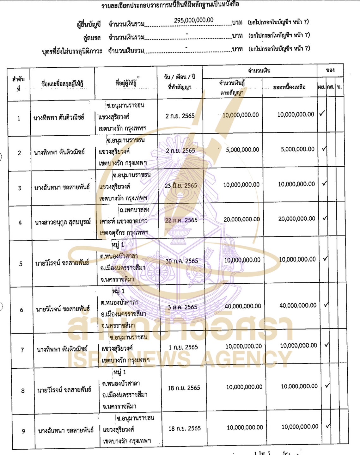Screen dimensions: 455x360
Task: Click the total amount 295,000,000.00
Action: [x=193, y=20]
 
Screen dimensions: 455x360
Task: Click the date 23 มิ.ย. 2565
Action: [x=181, y=186]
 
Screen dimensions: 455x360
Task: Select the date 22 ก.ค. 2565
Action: [x=181, y=220]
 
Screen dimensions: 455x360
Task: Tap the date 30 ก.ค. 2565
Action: [x=182, y=261]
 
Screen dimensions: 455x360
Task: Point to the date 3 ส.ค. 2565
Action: [x=182, y=307]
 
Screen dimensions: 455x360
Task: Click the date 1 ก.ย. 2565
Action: [x=183, y=347]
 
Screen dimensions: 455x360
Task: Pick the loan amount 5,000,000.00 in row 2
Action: [x=242, y=150]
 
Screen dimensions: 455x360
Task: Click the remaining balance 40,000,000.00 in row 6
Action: [x=298, y=305]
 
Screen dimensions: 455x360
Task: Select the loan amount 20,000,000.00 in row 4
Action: [x=241, y=219]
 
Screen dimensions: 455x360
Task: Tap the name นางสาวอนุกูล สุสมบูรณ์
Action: [x=63, y=222]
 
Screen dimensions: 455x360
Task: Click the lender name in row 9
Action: [x=66, y=430]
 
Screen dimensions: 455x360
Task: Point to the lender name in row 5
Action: [x=62, y=263]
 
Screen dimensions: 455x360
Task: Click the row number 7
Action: [x=22, y=350]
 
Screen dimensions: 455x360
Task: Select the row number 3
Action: [x=20, y=188]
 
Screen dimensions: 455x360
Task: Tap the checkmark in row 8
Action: [x=327, y=385]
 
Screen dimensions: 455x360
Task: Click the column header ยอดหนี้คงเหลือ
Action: [x=289, y=87]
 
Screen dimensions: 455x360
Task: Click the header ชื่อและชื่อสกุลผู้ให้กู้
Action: [x=62, y=84]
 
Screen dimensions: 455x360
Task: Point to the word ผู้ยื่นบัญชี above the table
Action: [x=89, y=24]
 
